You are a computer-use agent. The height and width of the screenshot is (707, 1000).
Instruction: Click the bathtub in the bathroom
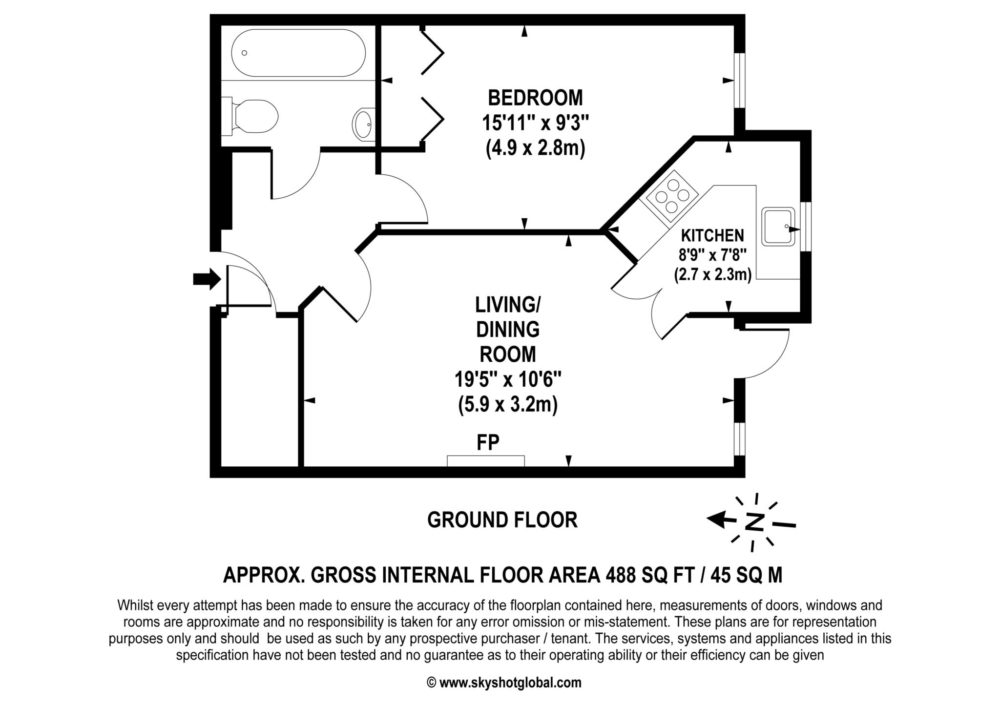pos(298,53)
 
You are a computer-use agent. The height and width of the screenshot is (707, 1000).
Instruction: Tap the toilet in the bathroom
pos(250,116)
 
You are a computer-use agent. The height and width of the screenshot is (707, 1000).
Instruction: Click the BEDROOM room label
pos(535,98)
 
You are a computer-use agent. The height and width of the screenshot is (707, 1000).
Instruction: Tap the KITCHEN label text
pos(712,236)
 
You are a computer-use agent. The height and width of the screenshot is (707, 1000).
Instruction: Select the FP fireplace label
pos(488,442)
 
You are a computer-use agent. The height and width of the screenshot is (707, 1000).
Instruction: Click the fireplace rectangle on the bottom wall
pos(486,461)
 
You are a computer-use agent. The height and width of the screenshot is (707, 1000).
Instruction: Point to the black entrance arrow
pos(207,279)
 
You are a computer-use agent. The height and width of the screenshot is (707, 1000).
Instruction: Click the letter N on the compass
pos(754,522)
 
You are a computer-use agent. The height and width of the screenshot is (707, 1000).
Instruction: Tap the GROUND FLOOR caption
pos(502,520)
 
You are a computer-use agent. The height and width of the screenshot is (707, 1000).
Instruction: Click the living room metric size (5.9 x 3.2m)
pos(508,405)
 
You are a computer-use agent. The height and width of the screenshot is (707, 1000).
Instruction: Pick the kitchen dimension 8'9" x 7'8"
pos(712,254)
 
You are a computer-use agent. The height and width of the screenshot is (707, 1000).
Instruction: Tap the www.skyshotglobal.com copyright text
pos(504,682)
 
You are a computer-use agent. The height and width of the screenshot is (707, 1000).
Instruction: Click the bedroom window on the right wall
pos(740,80)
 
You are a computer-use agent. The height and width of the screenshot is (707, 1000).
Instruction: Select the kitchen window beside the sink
pos(806,227)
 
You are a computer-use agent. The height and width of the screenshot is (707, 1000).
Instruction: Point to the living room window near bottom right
pos(740,439)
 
